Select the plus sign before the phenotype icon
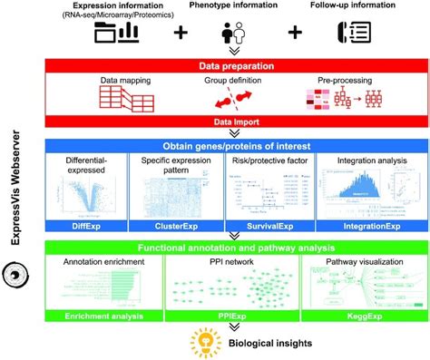tap(180, 33)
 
